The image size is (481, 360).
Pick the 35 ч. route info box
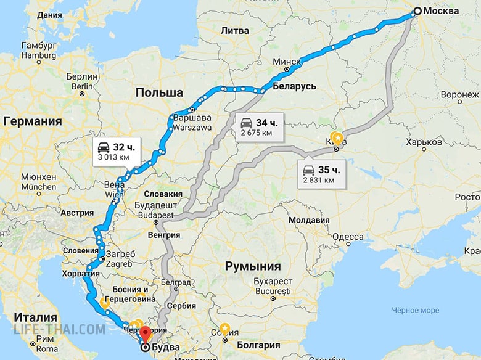321,174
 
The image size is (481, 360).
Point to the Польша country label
159,92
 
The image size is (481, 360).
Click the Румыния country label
253,267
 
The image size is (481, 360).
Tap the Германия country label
33,121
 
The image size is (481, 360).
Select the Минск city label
287,62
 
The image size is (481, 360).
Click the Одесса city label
348,237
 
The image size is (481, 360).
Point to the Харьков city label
424,142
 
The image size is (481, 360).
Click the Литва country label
234,30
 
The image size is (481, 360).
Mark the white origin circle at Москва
417,11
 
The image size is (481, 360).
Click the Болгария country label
259,345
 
